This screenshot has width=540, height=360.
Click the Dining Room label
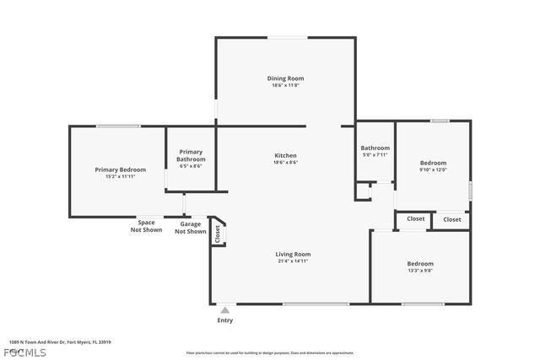(285, 78)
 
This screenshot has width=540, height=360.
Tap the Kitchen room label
(285, 155)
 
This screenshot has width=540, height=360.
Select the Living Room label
(293, 254)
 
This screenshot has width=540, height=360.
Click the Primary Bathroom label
(191, 155)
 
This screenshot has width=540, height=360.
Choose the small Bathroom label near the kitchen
(375, 148)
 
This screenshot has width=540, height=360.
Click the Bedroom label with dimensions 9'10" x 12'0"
(433, 163)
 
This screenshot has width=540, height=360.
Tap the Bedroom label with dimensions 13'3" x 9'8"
(420, 263)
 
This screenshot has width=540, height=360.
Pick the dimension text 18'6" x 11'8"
(285, 85)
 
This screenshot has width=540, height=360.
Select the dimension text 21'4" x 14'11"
(293, 261)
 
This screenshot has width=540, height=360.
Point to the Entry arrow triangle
(224, 310)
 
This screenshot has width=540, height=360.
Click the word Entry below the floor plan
(225, 320)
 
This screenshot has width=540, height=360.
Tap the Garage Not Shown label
(191, 228)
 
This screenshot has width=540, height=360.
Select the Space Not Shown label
(146, 226)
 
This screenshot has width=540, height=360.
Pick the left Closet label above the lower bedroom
(416, 219)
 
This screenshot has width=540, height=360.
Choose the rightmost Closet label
(452, 219)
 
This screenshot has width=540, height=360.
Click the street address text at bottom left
(60, 342)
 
